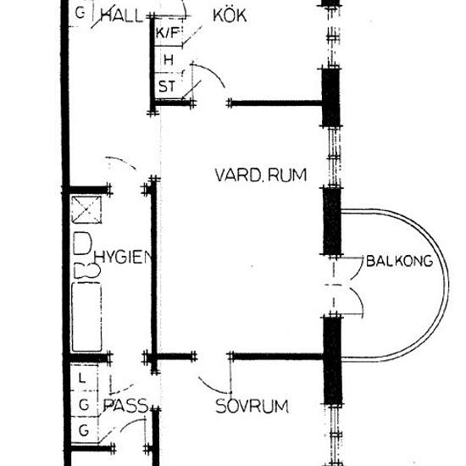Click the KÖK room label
230,15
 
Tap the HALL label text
122,16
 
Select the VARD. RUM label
261,175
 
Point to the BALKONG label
399,261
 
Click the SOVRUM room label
252,406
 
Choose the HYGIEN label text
124,258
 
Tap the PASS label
125,405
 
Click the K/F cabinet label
167,33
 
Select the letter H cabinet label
169,60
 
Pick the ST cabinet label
167,86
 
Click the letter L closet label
82,379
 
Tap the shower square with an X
86,209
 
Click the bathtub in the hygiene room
86,317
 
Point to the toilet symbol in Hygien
86,270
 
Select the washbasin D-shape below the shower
82,243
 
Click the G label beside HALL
80,13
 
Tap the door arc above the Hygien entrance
121,161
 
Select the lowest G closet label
84,430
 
